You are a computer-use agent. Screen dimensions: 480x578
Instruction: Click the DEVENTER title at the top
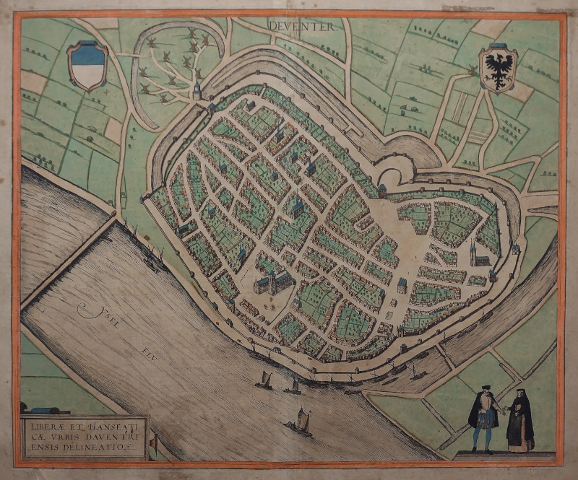click(303, 27)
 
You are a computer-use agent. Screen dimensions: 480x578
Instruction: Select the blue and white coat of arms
click(87, 66)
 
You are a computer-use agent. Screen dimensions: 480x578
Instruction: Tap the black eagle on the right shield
click(498, 69)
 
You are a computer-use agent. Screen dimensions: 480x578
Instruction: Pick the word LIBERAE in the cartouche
click(46, 425)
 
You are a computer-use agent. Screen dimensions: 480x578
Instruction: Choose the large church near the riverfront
click(271, 278)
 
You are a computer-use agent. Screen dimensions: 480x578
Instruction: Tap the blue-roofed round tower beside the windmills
click(197, 89)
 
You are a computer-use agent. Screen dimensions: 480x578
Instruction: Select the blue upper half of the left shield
click(87, 55)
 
